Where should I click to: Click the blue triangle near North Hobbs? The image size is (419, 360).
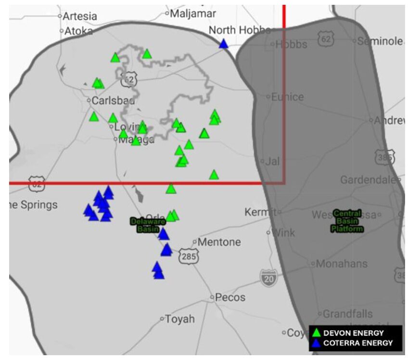(223, 44)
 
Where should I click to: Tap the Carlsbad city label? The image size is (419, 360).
(113, 101)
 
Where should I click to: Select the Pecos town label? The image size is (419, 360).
(230, 297)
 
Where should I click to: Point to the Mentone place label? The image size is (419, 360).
(219, 242)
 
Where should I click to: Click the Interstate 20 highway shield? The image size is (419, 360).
(268, 277)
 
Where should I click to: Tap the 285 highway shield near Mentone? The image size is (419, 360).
(189, 257)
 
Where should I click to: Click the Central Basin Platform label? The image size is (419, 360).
(347, 221)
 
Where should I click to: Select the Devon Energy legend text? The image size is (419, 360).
(354, 333)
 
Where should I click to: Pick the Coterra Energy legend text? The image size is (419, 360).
(358, 343)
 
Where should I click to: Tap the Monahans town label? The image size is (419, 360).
(339, 264)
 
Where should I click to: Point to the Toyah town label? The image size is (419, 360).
(180, 319)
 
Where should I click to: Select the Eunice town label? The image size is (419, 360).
(287, 97)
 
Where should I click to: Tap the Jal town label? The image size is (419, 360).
(272, 161)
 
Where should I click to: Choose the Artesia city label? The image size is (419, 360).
(80, 16)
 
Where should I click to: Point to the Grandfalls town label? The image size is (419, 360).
(347, 314)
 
